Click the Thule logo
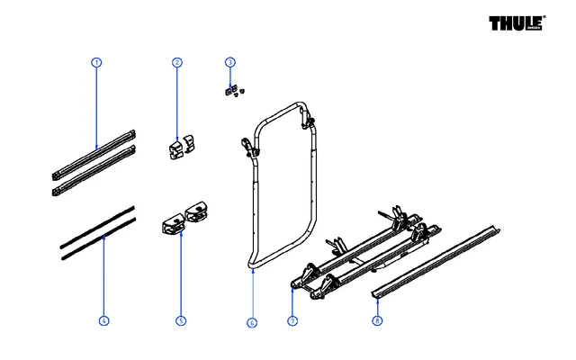coord(517,23)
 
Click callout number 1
coord(96,62)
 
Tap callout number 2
coord(177,62)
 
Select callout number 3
coord(230,62)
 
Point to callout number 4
coord(103,320)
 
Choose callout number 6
coord(252,320)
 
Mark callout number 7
coord(292,320)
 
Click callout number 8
coord(377,320)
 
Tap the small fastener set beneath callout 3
coord(234,90)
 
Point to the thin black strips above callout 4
coord(97,232)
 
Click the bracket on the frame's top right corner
coord(310,117)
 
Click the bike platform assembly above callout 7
coord(360,256)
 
